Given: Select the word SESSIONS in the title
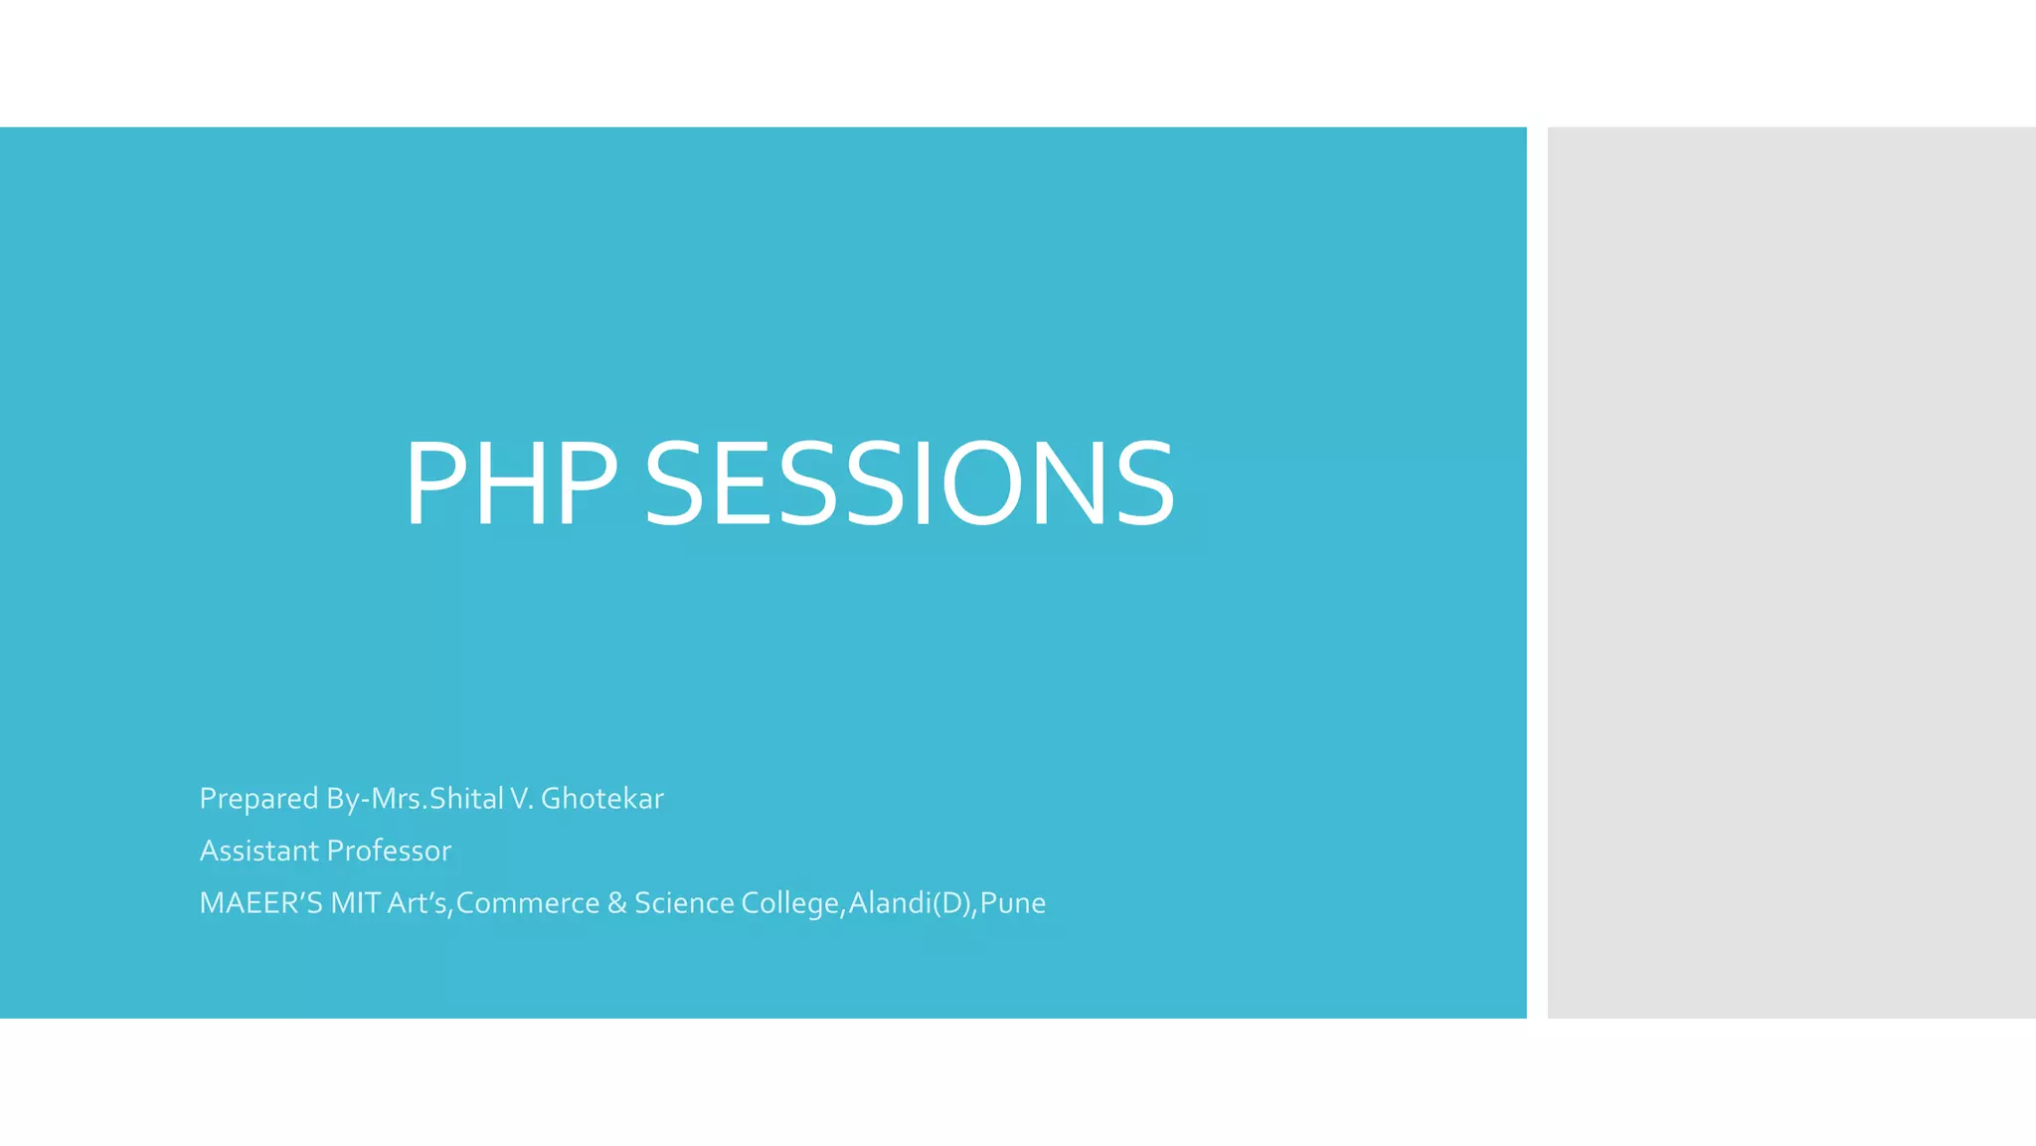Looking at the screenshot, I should click(910, 484).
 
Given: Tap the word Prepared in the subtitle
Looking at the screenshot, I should click(258, 799).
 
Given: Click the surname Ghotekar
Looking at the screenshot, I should click(601, 799).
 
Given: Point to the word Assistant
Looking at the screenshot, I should click(259, 851).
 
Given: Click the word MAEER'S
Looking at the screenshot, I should click(260, 903).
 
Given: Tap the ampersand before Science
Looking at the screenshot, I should click(616, 903).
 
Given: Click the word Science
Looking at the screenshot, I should click(684, 903).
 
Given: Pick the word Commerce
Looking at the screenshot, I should click(527, 903).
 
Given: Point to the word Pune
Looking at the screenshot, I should click(1013, 903).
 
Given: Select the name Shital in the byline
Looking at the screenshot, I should click(466, 799).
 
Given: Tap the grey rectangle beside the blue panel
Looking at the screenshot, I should click(1790, 572).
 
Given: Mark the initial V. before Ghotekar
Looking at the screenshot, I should click(522, 799).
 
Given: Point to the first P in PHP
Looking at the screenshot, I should click(437, 484).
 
